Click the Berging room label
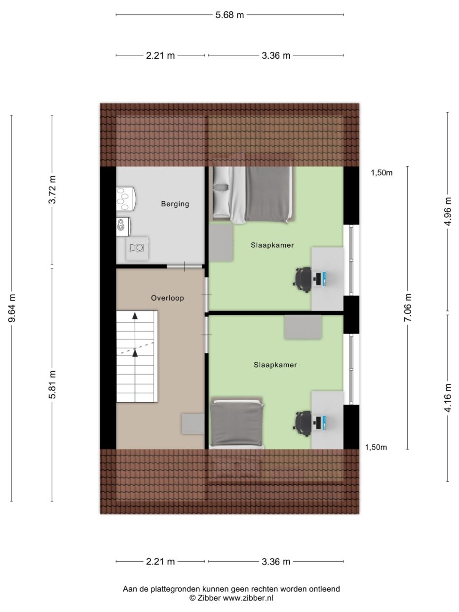[175, 204]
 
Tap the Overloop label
[167, 298]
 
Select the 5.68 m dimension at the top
[229, 15]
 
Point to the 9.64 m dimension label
[12, 308]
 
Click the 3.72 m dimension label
[52, 190]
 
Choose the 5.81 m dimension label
[52, 385]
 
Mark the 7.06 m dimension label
[408, 307]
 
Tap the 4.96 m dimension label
[448, 212]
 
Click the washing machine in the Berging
[137, 248]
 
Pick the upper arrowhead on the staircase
[135, 315]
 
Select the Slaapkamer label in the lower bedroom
[275, 365]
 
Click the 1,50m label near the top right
[382, 173]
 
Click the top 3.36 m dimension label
[276, 56]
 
